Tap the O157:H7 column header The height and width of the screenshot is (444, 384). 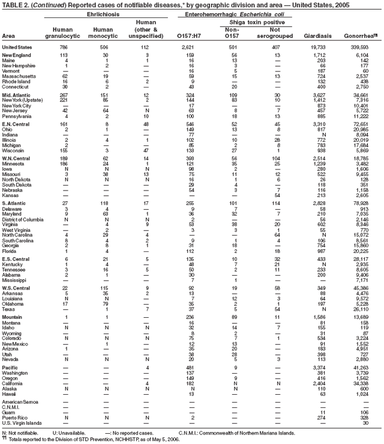coord(191,37)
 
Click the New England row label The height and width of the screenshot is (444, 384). coord(17,55)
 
